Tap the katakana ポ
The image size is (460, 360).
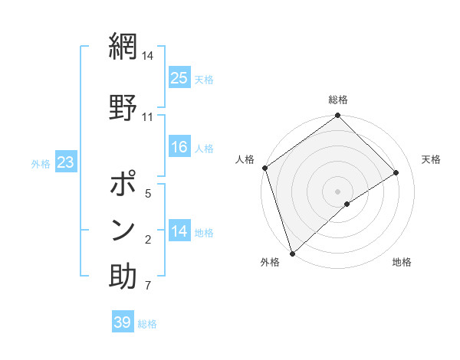click(123, 186)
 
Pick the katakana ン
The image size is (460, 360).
click(123, 229)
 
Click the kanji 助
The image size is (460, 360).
click(123, 275)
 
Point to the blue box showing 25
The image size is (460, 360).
click(179, 78)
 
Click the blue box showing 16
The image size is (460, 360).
click(179, 147)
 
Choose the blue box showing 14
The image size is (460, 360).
click(179, 232)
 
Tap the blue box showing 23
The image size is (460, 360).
click(66, 162)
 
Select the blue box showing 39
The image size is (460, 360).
click(123, 322)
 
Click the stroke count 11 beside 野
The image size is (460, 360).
click(148, 116)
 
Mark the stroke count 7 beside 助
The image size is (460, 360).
click(148, 286)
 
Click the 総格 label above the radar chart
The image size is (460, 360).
click(338, 100)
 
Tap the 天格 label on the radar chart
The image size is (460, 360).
click(432, 159)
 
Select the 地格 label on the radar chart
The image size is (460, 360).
click(402, 262)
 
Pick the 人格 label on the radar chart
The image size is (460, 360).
click(245, 159)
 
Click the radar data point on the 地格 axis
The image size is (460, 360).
click(347, 204)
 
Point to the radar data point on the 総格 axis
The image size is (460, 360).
click(338, 116)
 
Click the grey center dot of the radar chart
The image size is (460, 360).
click(338, 191)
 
